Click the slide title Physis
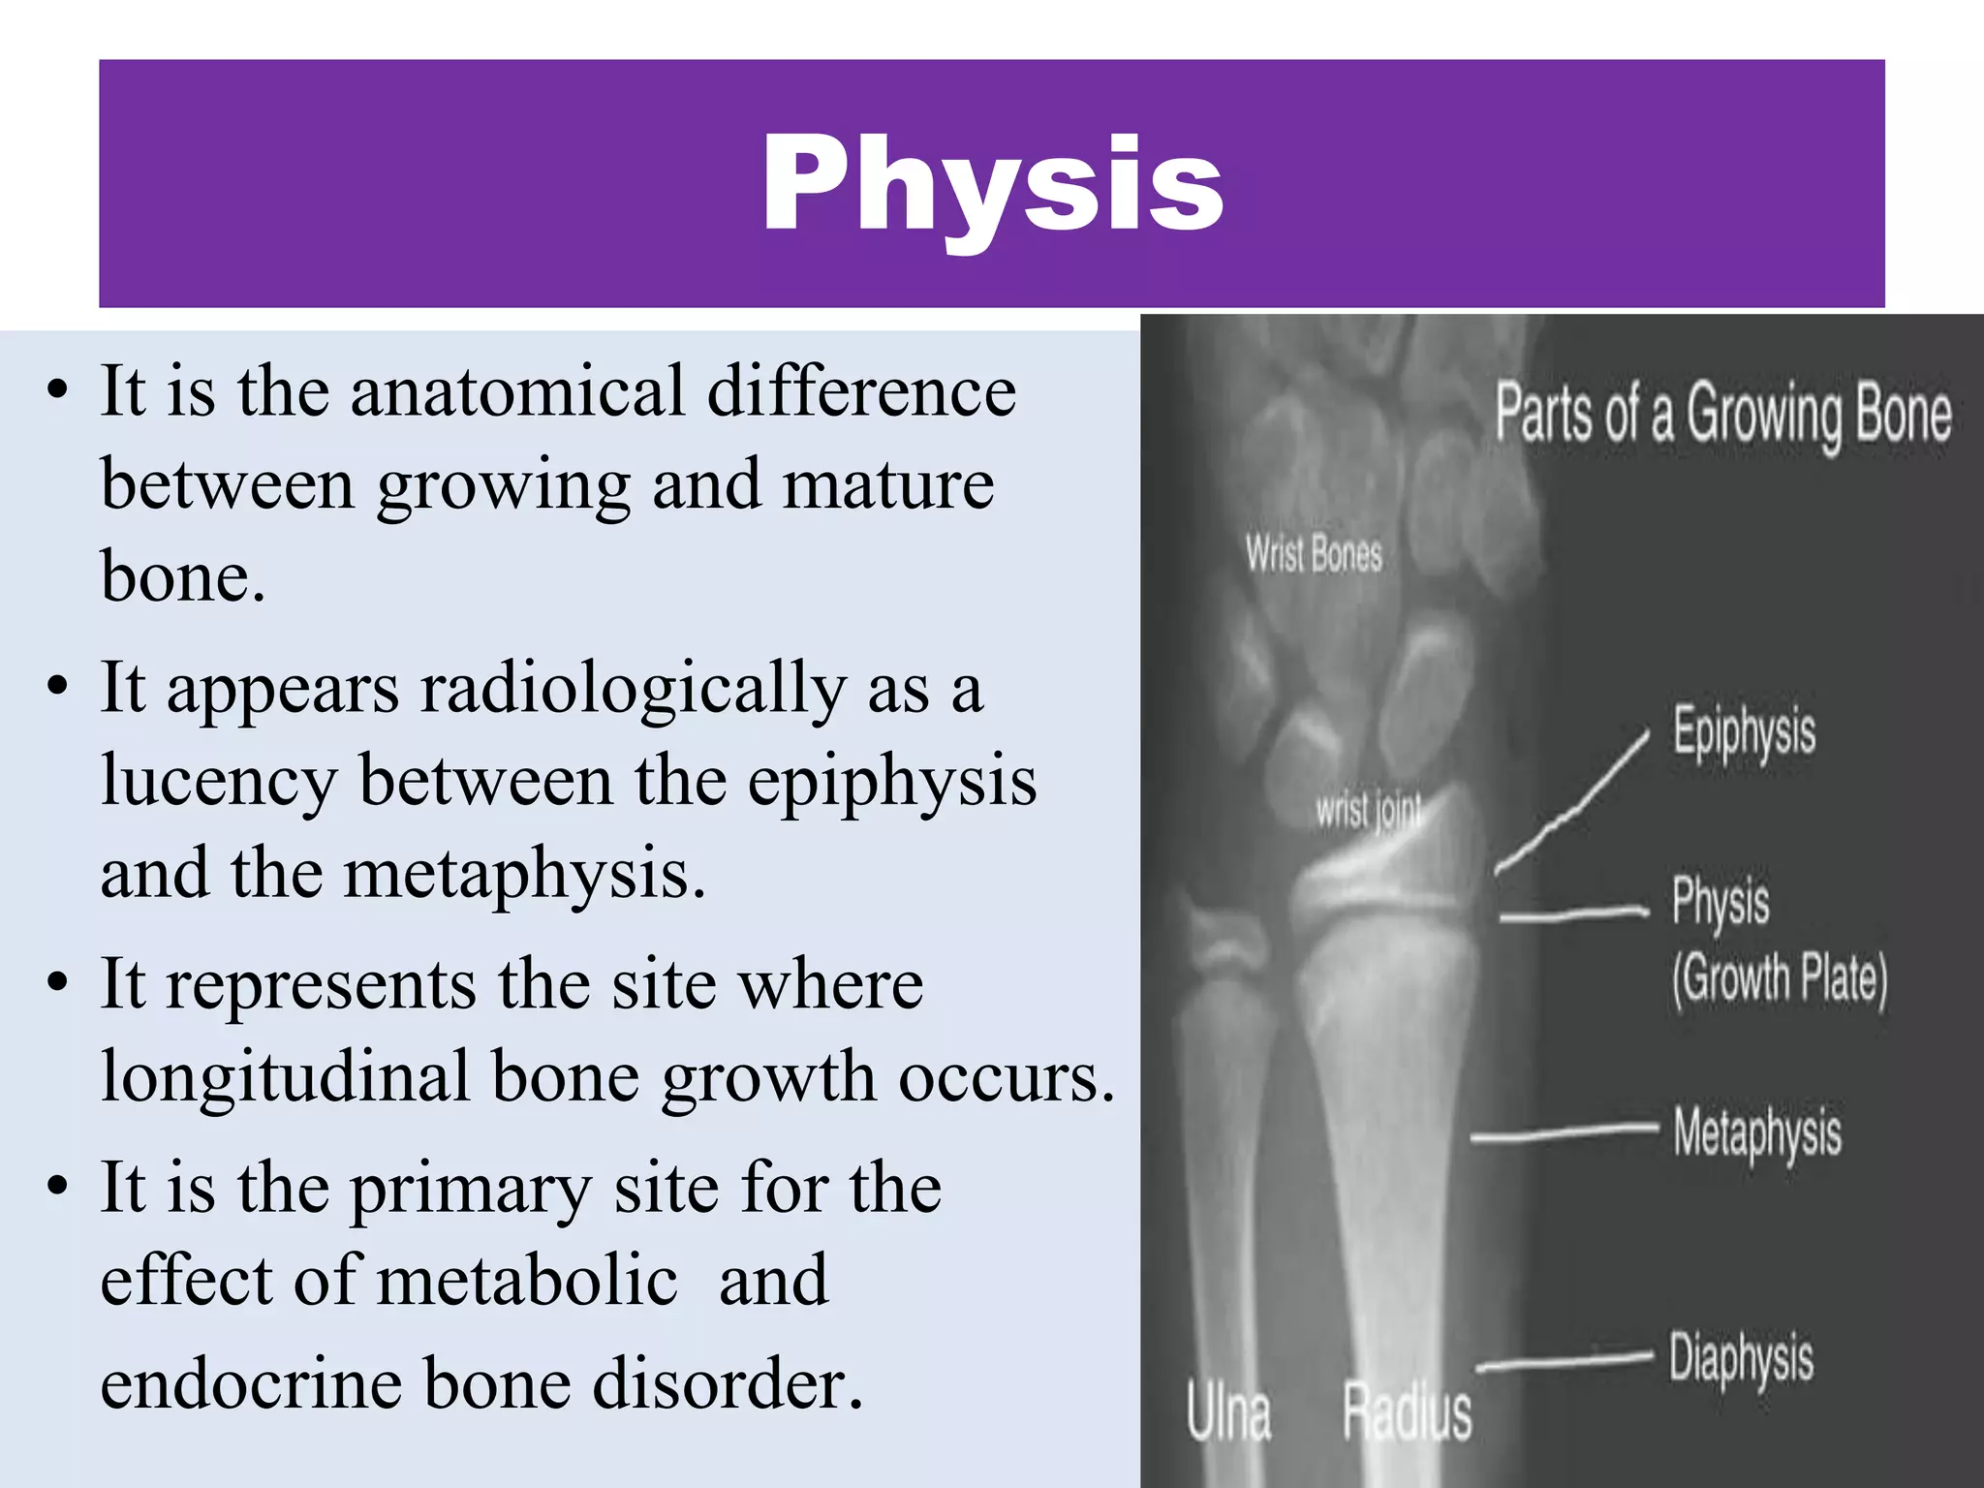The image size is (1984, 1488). [x=991, y=184]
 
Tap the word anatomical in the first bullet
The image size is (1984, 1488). [x=518, y=392]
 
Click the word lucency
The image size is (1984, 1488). [x=219, y=782]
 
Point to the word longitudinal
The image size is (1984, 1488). [x=286, y=1077]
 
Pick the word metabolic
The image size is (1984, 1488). [x=527, y=1281]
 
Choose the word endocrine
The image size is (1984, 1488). [x=250, y=1383]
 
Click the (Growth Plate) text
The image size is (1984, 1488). [x=1780, y=980]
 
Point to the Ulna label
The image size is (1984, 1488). [x=1228, y=1412]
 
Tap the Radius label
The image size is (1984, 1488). [x=1407, y=1412]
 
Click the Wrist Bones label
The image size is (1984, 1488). [x=1314, y=554]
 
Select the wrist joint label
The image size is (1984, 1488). [x=1368, y=810]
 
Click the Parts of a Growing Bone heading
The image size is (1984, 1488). [x=1722, y=415]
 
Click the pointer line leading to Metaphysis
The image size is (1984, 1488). [x=1565, y=1132]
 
